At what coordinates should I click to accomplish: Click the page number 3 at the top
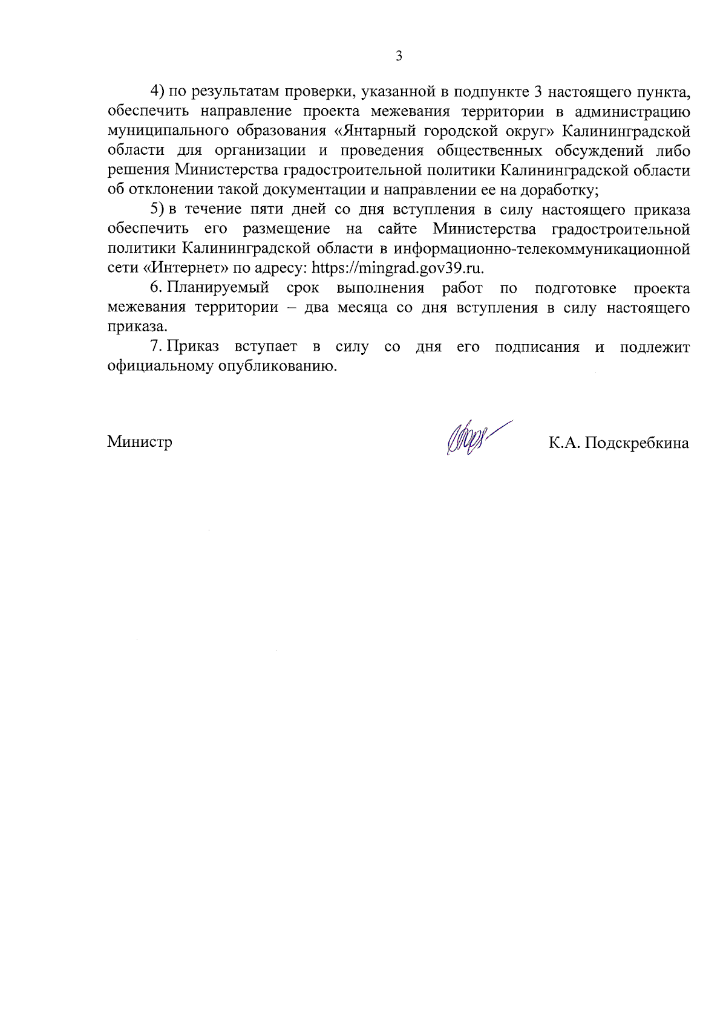coord(399,56)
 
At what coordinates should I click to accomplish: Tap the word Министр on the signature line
coord(140,442)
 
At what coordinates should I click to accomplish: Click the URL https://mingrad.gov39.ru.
coord(397,268)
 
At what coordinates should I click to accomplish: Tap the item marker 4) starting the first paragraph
coord(157,91)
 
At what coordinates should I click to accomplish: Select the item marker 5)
coord(157,210)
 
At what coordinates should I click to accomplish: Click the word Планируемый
coord(218,288)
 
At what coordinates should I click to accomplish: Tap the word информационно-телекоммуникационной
coord(542,248)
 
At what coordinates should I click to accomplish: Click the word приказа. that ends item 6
coord(137,327)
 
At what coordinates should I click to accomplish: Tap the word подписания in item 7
coord(537,347)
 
